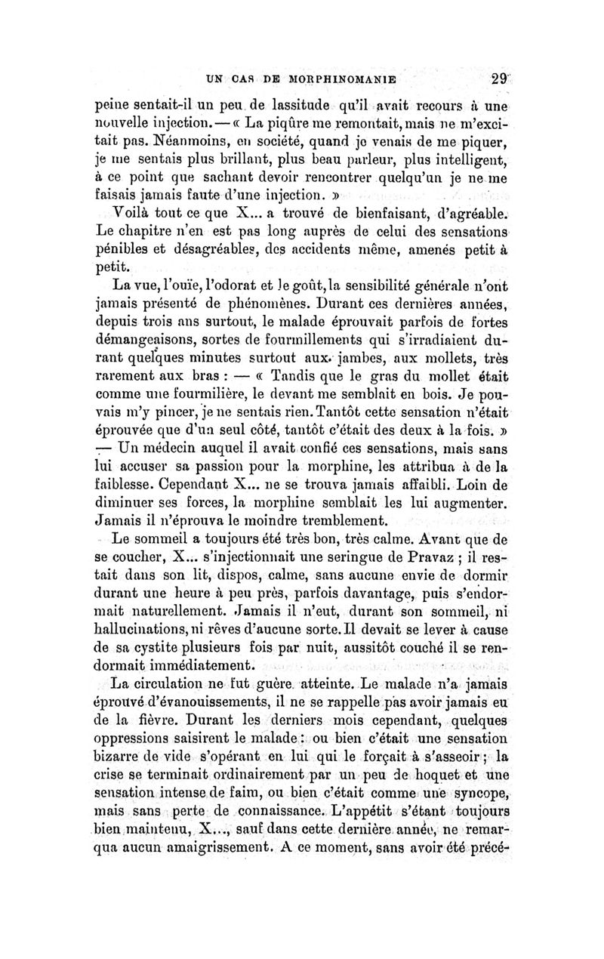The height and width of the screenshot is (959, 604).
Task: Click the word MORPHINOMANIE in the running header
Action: click(329, 77)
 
